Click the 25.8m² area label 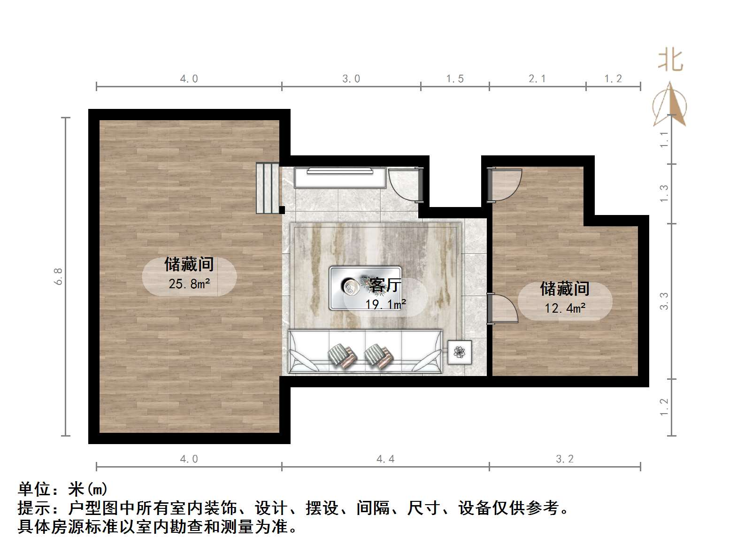[x=189, y=284]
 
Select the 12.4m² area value [x=565, y=308]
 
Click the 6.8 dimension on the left [x=59, y=276]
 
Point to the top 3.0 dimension [x=351, y=79]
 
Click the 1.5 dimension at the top [x=454, y=79]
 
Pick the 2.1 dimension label [x=537, y=79]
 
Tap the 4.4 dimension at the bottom [x=385, y=459]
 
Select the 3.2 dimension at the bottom [x=565, y=459]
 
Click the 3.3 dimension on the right [x=664, y=301]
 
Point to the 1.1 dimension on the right [x=664, y=139]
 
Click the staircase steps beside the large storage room [x=268, y=188]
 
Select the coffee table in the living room [x=365, y=288]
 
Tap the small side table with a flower [x=459, y=351]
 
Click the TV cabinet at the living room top [x=340, y=177]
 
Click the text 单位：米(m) [x=63, y=490]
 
